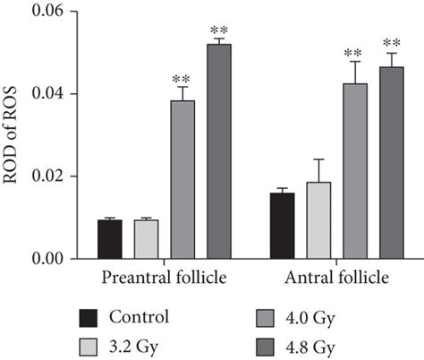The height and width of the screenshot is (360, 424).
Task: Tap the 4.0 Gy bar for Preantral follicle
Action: (x=182, y=179)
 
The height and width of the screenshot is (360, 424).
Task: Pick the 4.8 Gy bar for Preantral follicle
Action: (x=219, y=151)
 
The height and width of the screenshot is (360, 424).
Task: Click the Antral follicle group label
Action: (x=336, y=279)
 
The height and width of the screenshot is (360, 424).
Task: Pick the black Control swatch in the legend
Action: (x=88, y=316)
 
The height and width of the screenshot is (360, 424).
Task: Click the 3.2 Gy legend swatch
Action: (x=88, y=344)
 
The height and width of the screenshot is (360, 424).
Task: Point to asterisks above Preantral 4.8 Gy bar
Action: (x=219, y=30)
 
